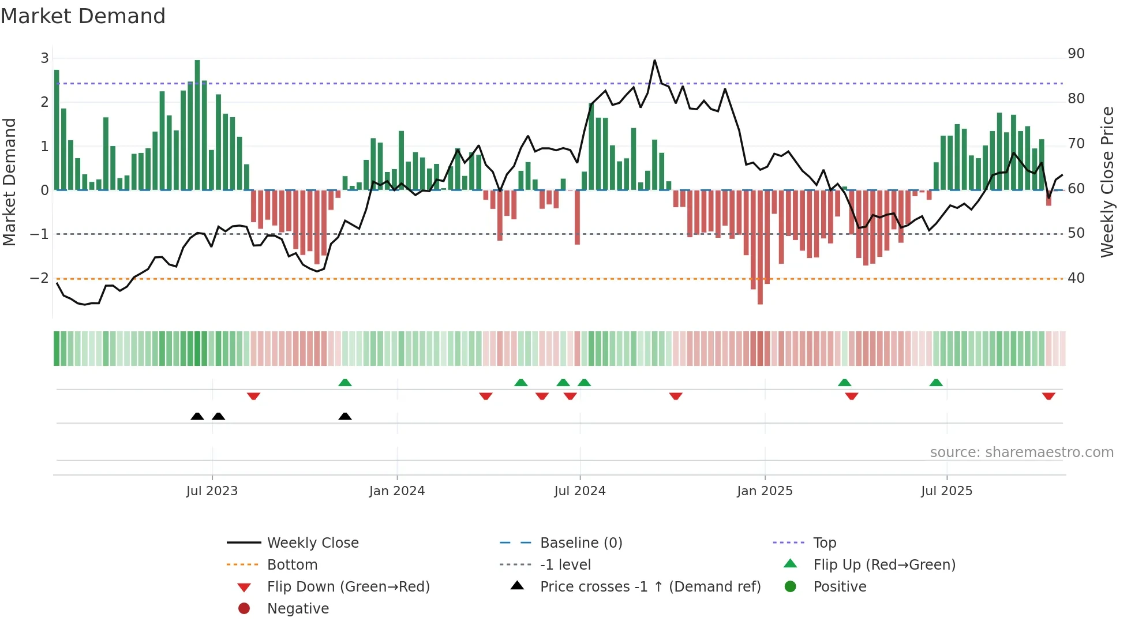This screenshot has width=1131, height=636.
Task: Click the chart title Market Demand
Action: point(83,16)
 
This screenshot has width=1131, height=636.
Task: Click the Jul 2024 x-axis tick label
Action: point(579,491)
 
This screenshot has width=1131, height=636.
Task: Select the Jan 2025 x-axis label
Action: point(765,491)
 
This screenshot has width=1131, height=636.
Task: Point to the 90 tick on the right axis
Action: point(1076,54)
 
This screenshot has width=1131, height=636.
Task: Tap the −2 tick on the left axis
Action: point(39,278)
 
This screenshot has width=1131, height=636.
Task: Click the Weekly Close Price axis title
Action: point(1107,182)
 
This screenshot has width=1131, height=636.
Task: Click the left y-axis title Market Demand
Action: point(9,182)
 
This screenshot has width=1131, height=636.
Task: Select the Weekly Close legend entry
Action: point(312,543)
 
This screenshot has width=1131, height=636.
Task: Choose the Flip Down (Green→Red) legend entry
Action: point(348,587)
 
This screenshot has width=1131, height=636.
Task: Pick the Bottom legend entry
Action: point(292,565)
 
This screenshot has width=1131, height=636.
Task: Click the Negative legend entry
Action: point(298,609)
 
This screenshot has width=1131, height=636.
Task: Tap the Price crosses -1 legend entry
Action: point(650,587)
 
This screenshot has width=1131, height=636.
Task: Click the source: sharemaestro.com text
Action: point(1021,452)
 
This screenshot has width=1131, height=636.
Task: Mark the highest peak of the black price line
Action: point(654,60)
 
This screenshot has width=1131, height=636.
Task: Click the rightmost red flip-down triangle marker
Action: point(1048,396)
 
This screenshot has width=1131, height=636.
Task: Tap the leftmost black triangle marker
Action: point(197,417)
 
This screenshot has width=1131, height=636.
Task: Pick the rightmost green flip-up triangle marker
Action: point(936,383)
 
